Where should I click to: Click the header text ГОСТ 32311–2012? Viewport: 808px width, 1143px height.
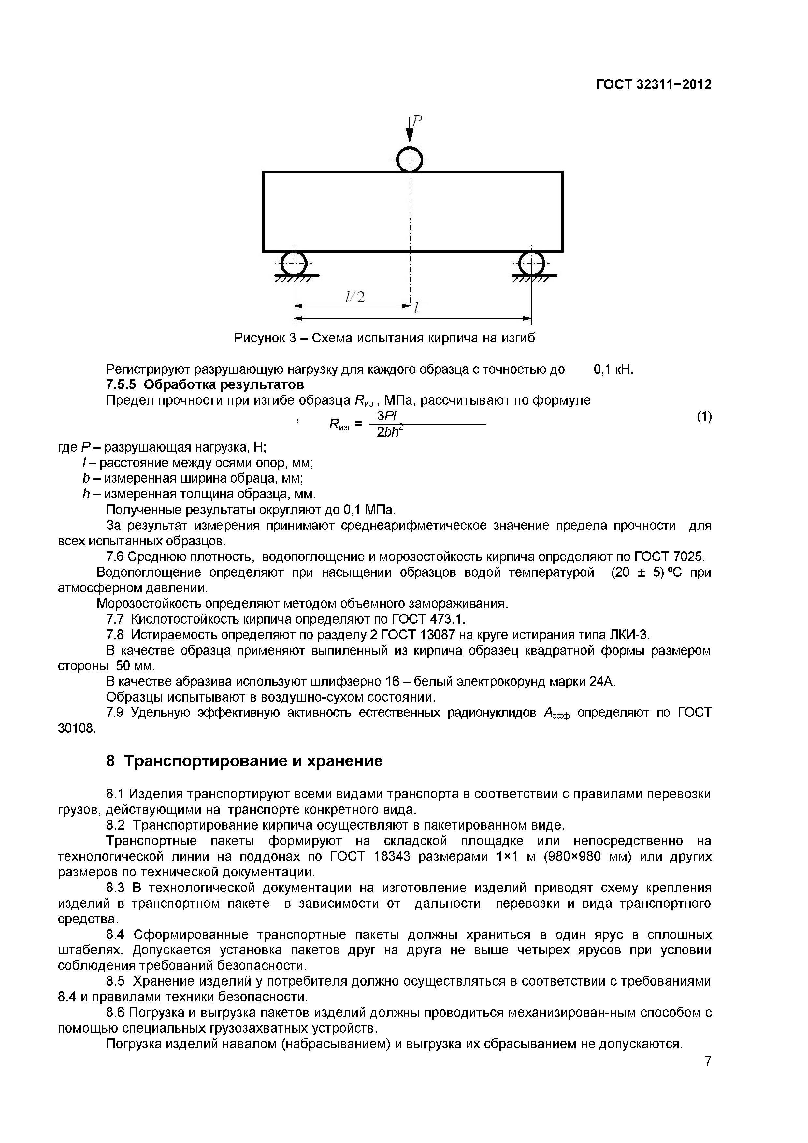(x=654, y=85)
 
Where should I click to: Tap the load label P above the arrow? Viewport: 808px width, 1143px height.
(x=417, y=121)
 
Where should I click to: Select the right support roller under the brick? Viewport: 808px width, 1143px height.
(x=532, y=262)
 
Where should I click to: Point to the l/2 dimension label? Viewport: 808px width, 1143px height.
(x=355, y=297)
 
